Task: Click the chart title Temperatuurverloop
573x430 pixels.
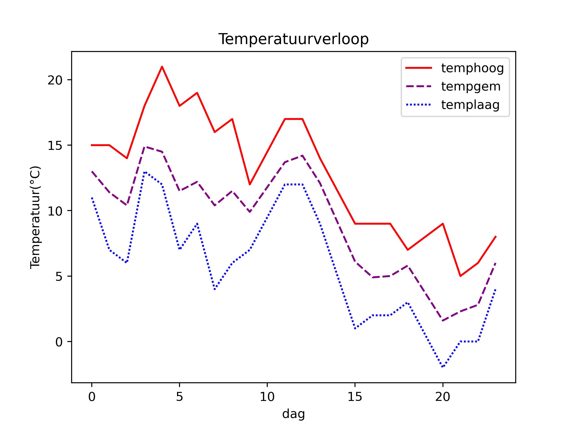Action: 293,39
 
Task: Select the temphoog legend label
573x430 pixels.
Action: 473,68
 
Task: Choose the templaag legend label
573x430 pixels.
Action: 470,105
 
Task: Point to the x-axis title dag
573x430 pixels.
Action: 293,414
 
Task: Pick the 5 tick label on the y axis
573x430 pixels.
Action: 59,277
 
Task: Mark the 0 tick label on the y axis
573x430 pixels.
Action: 59,342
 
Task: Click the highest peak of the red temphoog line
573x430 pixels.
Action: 162,67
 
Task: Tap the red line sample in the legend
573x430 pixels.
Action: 419,68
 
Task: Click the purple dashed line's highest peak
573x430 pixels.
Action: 145,147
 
